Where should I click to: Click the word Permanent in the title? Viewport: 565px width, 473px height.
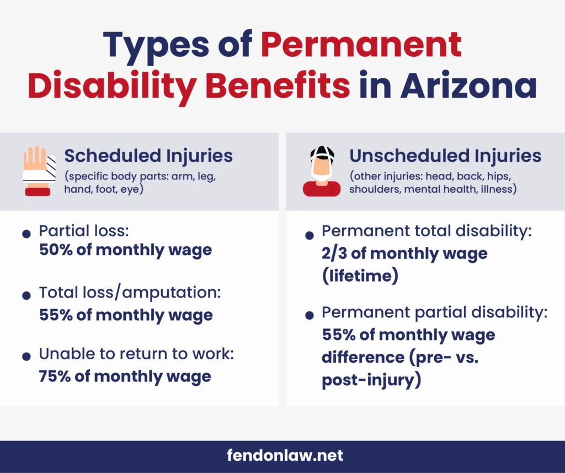pos(361,45)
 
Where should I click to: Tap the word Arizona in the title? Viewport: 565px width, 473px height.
pos(468,86)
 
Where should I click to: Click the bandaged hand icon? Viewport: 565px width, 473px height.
pos(39,171)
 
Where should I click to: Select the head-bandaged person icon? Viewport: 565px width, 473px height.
pos(322,171)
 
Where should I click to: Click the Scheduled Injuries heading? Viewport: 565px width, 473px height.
pos(148,156)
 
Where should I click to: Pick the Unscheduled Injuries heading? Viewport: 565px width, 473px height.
pos(445,156)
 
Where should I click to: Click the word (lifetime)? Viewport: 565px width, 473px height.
pos(360,276)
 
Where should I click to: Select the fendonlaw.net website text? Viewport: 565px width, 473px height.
pos(285,455)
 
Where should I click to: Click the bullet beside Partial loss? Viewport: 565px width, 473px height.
pos(26,234)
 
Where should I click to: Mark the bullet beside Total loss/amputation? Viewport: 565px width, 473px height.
pos(26,296)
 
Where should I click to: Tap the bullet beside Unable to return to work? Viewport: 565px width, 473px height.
pos(26,357)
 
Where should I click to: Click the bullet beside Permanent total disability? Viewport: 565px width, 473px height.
pos(309,236)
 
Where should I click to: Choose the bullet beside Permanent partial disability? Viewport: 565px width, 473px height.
pos(309,316)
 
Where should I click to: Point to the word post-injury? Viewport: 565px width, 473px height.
pos(371,380)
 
